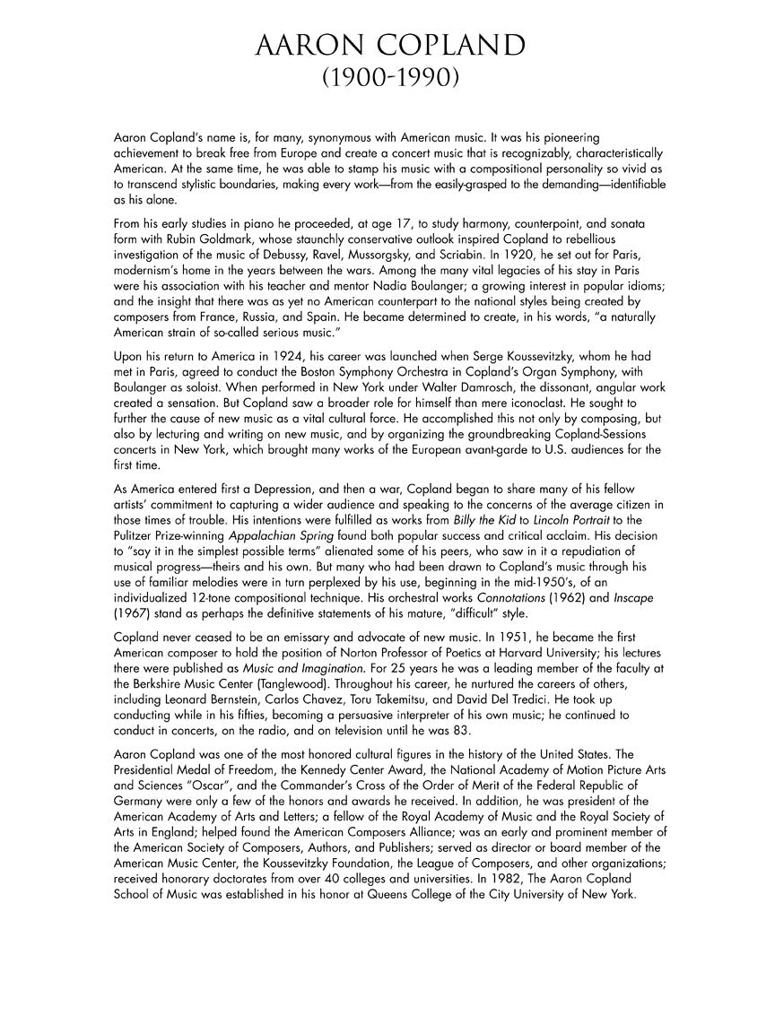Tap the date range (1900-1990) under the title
(x=390, y=80)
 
